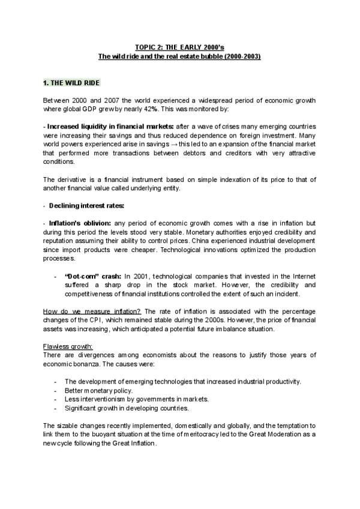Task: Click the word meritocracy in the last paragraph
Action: coord(203,434)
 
